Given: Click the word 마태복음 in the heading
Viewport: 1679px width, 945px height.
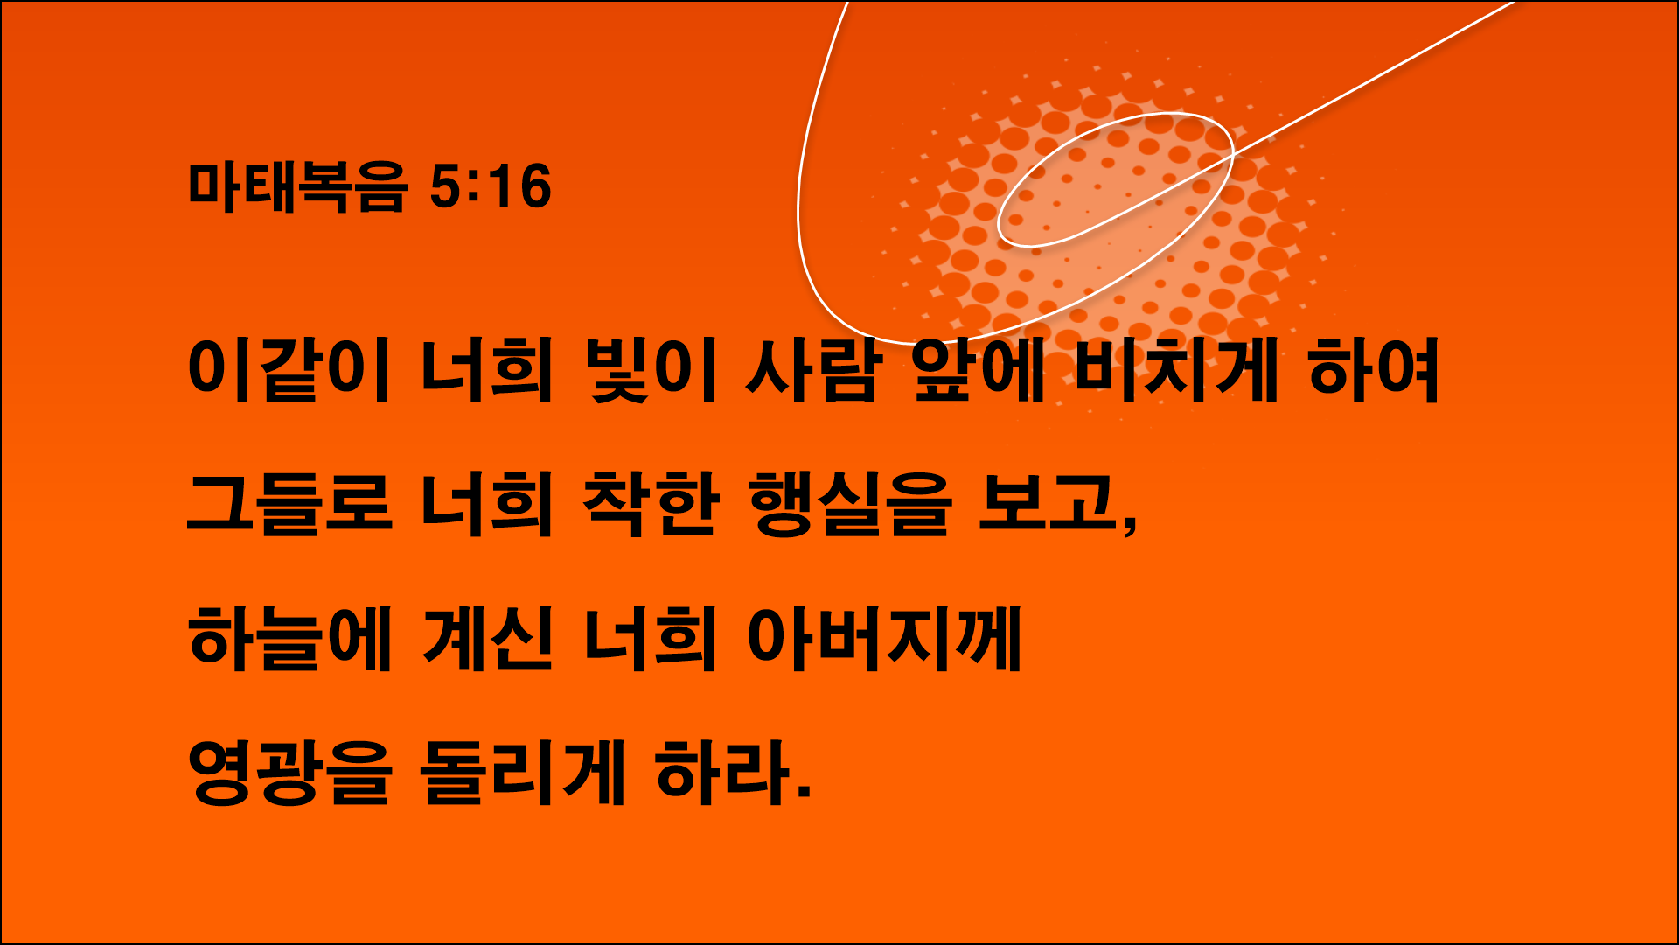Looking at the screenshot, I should click(x=297, y=186).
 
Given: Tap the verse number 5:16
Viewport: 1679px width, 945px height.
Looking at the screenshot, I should click(x=491, y=186).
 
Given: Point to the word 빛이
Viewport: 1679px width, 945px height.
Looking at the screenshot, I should click(x=652, y=371).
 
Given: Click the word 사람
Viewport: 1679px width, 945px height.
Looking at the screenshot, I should click(x=812, y=371).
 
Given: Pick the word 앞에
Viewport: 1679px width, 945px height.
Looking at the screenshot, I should click(x=978, y=371).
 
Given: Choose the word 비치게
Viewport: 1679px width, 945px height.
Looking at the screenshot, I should click(x=1174, y=371).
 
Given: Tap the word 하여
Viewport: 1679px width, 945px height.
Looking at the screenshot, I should click(x=1374, y=371).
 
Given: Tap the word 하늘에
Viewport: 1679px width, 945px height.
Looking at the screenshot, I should click(x=289, y=639).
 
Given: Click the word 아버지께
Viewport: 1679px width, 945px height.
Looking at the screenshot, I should click(x=884, y=639).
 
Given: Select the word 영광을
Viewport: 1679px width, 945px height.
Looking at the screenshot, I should click(x=289, y=773).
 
